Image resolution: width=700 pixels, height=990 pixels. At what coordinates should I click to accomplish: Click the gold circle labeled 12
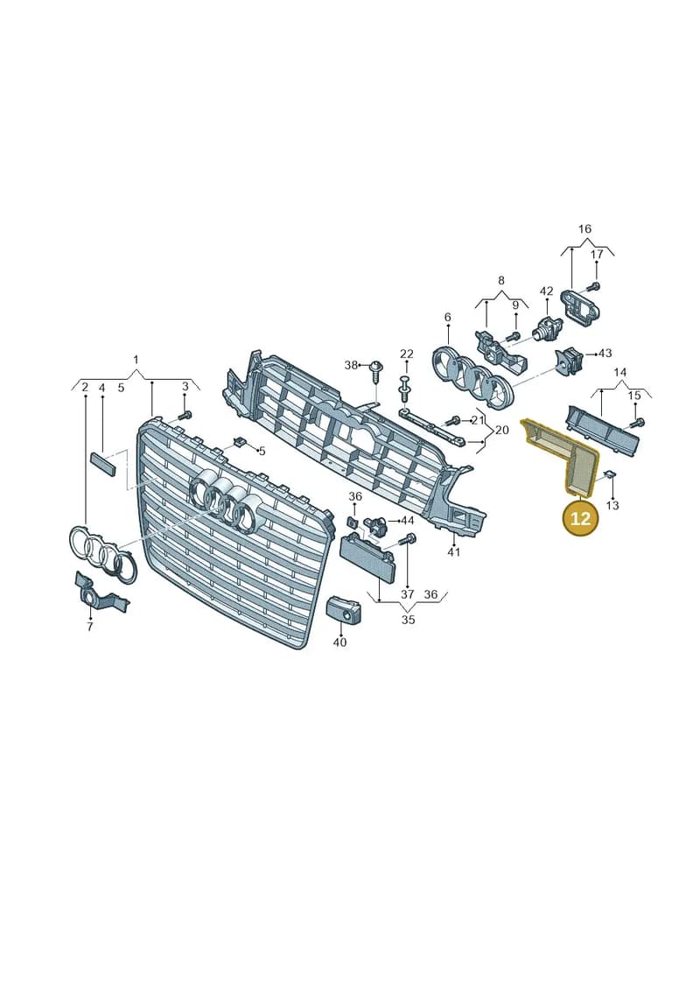pos(580,517)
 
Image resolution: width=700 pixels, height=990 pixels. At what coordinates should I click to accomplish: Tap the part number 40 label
pos(339,642)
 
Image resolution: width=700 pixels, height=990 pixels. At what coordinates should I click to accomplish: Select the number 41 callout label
pos(454,552)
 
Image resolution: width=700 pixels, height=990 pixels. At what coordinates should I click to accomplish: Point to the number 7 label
pos(89,627)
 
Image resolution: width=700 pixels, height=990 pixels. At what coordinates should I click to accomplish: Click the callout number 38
pos(351,365)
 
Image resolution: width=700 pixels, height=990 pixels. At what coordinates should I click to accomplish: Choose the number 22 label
pos(407,355)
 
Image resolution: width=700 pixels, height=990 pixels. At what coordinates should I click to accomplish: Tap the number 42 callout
pos(547,291)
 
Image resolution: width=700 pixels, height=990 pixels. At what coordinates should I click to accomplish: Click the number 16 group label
pos(585,228)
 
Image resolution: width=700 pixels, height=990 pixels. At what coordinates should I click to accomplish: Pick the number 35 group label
pos(409,620)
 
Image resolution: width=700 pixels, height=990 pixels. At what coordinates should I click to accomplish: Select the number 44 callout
pos(408,521)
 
